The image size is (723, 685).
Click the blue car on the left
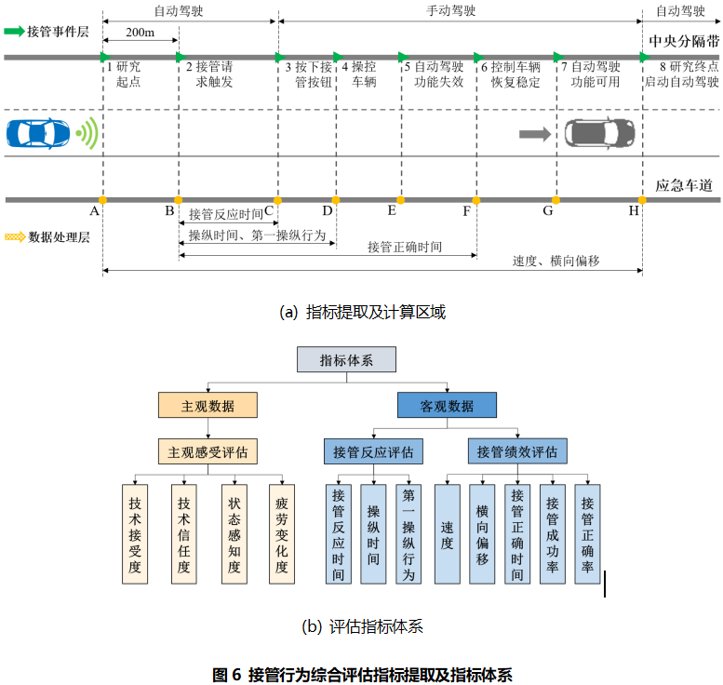[x=39, y=133]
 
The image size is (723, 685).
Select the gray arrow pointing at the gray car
[x=534, y=134]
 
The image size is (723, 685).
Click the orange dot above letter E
[x=401, y=199]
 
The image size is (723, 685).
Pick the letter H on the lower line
[x=634, y=211]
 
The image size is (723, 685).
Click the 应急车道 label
[x=684, y=185]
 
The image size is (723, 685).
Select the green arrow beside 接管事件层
[x=15, y=31]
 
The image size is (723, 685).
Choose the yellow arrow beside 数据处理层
[x=15, y=237]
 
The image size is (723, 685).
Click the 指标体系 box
[x=346, y=359]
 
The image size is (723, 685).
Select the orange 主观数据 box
[x=208, y=406]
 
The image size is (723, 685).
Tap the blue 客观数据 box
[x=447, y=406]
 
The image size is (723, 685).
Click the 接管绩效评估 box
[x=517, y=452]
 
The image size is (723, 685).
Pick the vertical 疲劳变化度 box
[x=281, y=534]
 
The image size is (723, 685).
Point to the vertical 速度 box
[x=448, y=534]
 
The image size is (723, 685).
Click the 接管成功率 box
[x=553, y=534]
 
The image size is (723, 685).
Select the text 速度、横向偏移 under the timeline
[x=556, y=261]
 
